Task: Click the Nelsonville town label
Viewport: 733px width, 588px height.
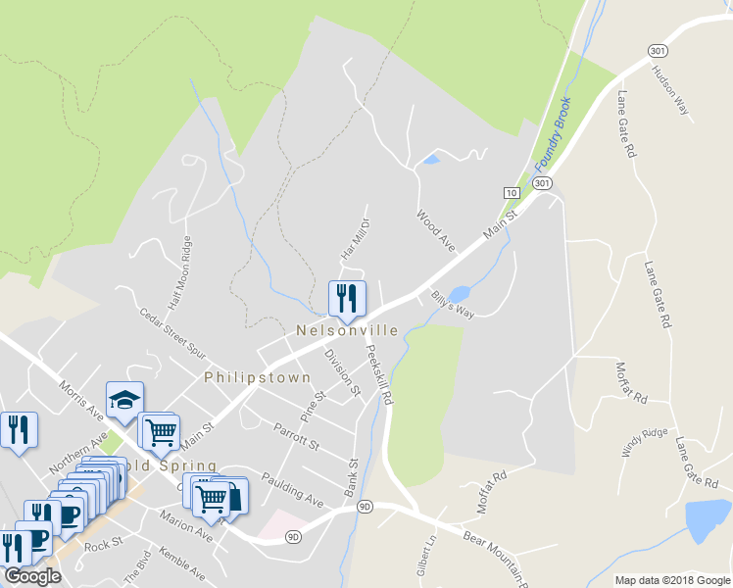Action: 347,331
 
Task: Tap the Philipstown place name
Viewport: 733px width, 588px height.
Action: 257,377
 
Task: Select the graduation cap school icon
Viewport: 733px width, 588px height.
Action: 124,399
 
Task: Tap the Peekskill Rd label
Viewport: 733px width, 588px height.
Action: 379,374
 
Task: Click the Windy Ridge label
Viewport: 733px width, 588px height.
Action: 644,442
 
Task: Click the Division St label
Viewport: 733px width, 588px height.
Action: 343,372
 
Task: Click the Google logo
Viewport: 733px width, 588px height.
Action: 32,576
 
